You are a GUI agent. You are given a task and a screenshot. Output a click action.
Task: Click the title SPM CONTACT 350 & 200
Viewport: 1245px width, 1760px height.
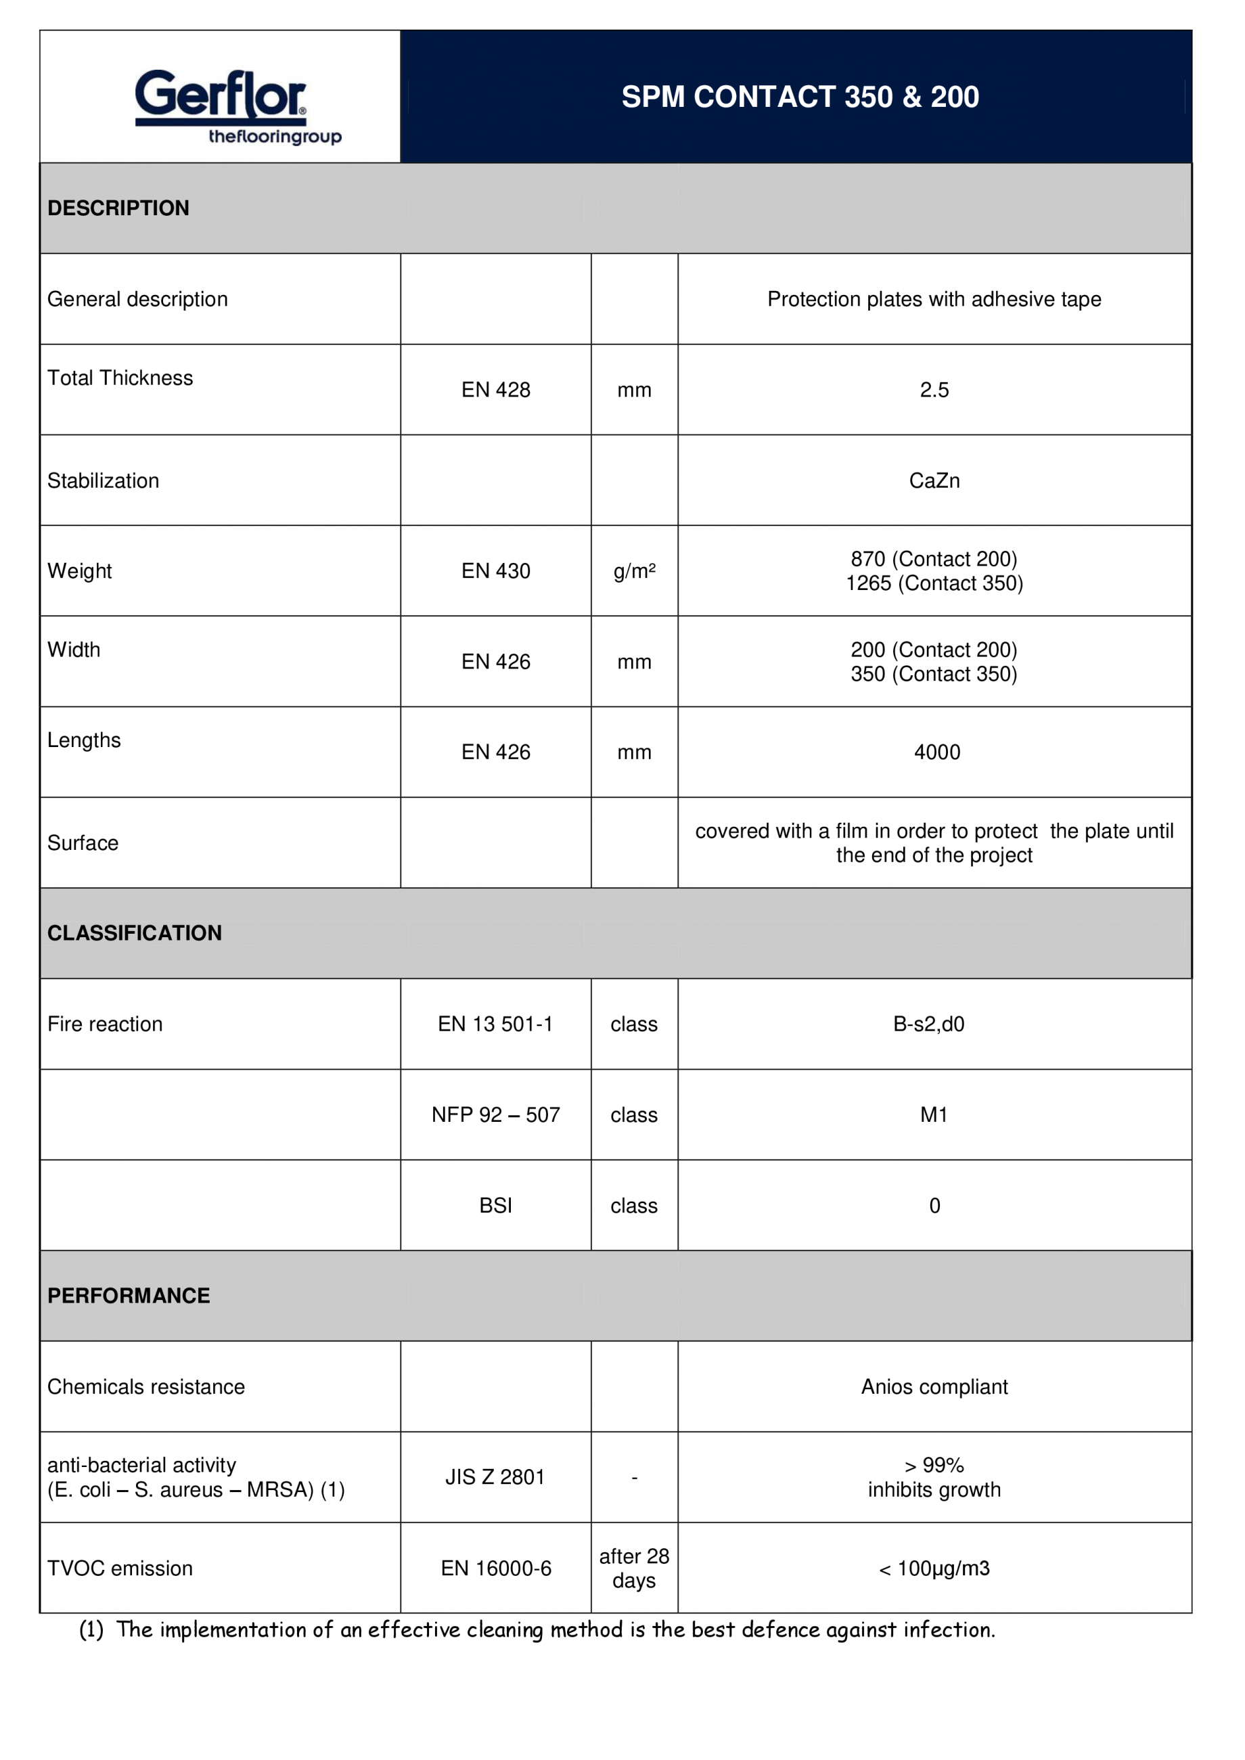coord(800,97)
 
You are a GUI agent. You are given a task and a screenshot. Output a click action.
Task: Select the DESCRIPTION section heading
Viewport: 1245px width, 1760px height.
coord(118,208)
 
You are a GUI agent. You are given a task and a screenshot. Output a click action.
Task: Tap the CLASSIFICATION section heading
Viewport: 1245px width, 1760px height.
coord(134,933)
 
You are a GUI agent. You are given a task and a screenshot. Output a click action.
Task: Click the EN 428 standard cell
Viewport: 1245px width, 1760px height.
coord(495,390)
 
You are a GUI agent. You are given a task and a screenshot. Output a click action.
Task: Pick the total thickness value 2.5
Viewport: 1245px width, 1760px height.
coord(934,390)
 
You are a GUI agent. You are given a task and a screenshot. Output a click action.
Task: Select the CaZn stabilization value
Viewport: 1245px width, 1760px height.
coord(934,480)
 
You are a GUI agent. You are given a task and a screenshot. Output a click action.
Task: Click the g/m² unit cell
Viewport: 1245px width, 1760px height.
coord(634,571)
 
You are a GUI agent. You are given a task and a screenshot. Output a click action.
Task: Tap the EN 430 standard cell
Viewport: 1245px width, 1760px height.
coord(495,571)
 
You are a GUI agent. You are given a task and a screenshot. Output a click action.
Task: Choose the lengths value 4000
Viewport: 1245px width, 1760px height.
coord(937,752)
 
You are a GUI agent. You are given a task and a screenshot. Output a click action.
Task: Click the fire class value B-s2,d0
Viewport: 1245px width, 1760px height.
coord(928,1024)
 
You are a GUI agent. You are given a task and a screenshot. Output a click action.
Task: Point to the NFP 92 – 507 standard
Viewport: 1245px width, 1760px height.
coord(495,1114)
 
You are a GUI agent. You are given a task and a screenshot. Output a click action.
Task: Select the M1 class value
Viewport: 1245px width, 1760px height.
coord(934,1114)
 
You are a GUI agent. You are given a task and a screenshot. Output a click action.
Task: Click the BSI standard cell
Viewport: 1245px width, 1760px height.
coord(495,1206)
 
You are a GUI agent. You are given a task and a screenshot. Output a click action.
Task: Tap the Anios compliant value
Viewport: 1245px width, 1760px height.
coord(934,1386)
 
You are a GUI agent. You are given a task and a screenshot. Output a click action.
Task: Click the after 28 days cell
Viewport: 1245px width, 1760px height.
coord(634,1568)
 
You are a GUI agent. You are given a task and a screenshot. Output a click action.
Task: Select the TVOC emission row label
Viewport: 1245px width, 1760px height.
coord(120,1569)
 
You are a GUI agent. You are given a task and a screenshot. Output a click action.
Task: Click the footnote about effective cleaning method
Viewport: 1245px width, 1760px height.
coord(537,1629)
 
